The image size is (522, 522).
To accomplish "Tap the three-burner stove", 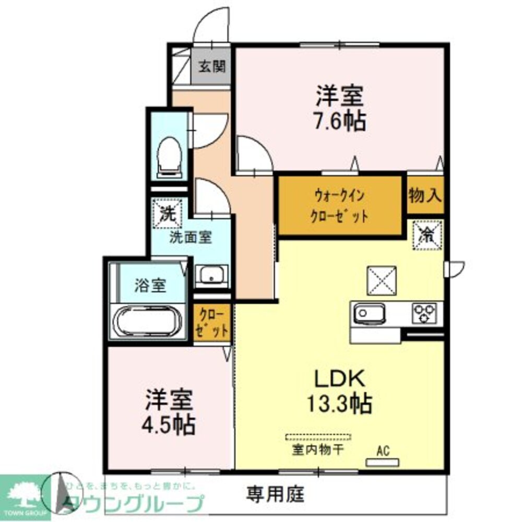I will pyautogui.click(x=425, y=314).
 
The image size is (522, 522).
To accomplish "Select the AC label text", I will pyautogui.click(x=383, y=449).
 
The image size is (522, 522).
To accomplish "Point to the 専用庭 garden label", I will pyautogui.click(x=275, y=493).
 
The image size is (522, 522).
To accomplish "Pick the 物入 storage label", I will pyautogui.click(x=425, y=196).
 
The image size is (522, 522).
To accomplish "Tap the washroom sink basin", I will pyautogui.click(x=211, y=275).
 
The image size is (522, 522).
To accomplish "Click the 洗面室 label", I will pyautogui.click(x=190, y=237).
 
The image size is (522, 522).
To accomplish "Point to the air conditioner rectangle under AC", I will pyautogui.click(x=383, y=462).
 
